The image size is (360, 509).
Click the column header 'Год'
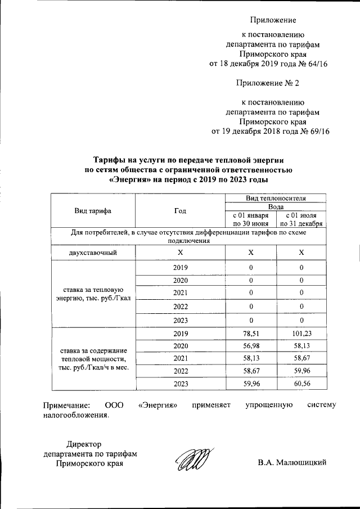tap(180, 211)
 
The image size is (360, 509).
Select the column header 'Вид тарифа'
tap(93, 211)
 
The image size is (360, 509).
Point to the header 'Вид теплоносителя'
tap(276, 199)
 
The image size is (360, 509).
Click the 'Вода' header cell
tap(276, 206)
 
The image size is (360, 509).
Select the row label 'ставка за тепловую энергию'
tap(93, 293)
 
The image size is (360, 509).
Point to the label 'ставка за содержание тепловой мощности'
tap(93, 358)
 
